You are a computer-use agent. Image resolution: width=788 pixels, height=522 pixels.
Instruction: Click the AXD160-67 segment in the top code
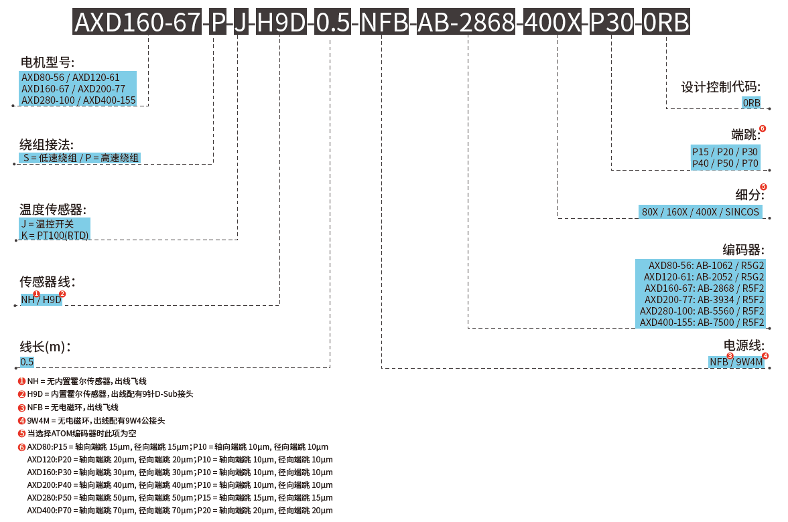coord(136,23)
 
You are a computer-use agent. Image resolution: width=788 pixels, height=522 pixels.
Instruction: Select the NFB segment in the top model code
coord(384,23)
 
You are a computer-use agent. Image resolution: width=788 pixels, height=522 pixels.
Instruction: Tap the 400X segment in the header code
coord(553,23)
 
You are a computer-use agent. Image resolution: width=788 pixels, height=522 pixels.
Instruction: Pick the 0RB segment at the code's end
coord(665,23)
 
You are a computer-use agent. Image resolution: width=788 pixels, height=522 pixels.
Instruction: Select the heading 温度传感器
coord(53,209)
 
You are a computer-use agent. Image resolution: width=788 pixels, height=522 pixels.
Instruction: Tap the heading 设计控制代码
coord(721,88)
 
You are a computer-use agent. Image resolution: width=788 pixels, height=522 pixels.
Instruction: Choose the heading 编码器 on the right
coord(743,250)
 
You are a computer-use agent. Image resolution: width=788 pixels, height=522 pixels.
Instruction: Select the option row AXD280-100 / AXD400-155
coord(78,100)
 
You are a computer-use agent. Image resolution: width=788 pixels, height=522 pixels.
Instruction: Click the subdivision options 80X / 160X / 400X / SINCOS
coord(701,212)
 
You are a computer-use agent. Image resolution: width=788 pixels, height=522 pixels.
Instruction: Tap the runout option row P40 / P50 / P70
coord(725,163)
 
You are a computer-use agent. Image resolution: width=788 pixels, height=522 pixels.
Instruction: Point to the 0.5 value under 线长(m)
coord(27,362)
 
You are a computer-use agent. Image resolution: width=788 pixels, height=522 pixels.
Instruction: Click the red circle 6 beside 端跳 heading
coord(763,128)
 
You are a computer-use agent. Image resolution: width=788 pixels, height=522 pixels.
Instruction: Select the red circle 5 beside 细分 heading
coord(763,187)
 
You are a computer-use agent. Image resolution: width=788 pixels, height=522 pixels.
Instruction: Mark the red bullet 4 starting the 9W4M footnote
coord(21,421)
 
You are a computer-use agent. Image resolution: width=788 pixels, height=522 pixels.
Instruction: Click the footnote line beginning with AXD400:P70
coord(180,511)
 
